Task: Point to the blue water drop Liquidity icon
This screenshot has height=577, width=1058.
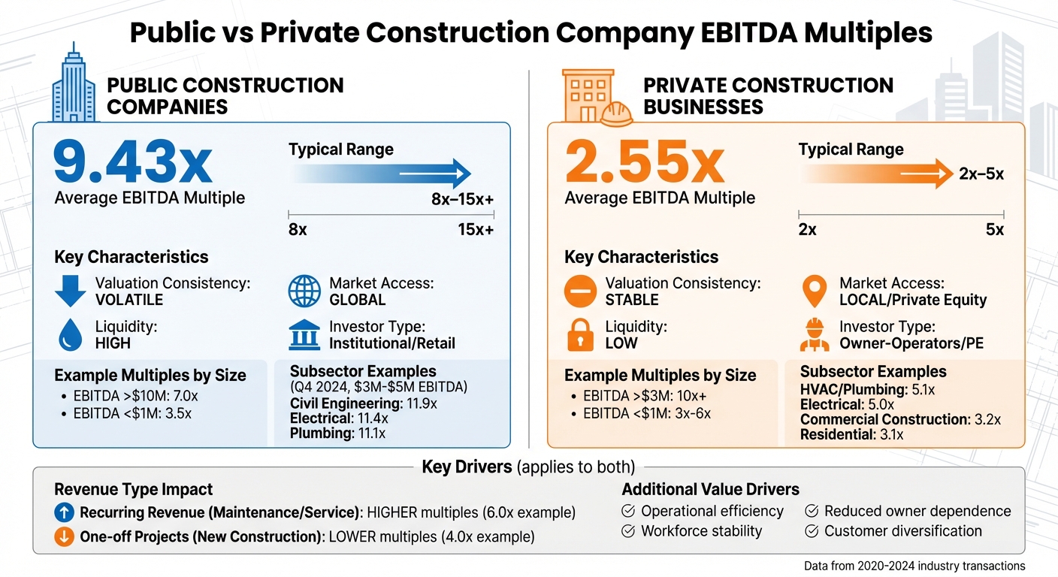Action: [70, 336]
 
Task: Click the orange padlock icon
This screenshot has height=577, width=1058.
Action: [580, 335]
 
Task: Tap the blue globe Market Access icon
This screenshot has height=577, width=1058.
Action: [304, 292]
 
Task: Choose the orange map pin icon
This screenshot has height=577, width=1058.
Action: [815, 292]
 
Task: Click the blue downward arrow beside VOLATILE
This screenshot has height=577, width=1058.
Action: [70, 292]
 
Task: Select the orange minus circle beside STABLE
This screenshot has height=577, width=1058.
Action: [580, 292]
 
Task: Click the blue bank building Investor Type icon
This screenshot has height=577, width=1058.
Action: [304, 335]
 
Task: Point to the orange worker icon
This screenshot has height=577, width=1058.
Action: [815, 335]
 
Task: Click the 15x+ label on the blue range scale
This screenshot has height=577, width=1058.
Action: [476, 230]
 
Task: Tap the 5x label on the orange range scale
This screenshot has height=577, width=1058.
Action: [994, 230]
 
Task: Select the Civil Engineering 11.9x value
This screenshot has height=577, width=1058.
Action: [421, 403]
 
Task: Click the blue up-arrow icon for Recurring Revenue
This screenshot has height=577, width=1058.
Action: [65, 513]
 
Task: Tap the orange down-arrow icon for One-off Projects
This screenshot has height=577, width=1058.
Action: [65, 537]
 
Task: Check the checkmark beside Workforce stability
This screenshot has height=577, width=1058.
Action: [628, 531]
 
